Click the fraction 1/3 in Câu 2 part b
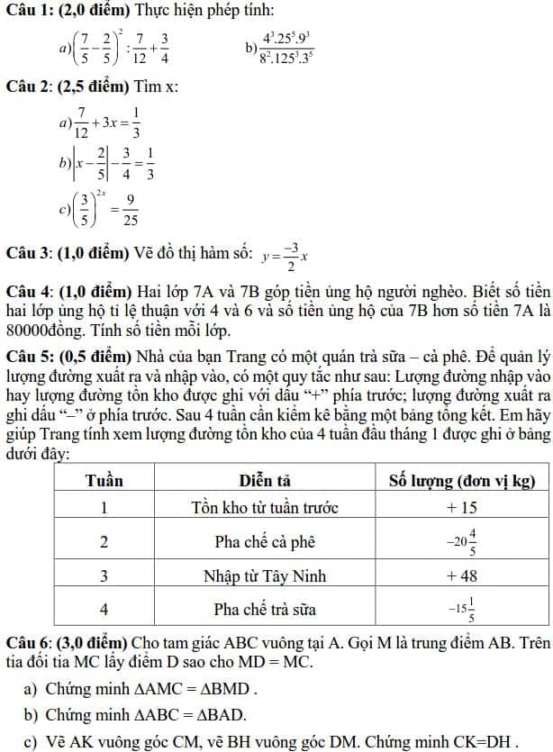(x=150, y=165)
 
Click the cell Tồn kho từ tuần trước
(x=265, y=508)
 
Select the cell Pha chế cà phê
(x=265, y=542)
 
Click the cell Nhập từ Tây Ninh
(x=265, y=575)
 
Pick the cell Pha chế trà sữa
(x=265, y=609)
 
